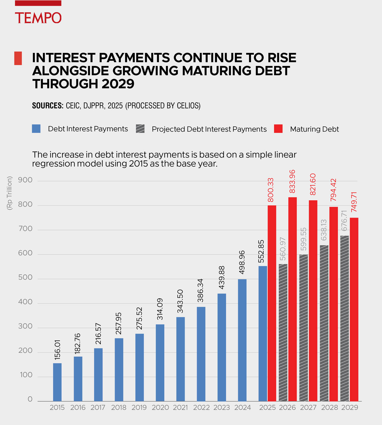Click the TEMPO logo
[x=38, y=17]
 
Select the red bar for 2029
[x=354, y=309]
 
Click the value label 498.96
[x=242, y=262]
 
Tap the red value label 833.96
[x=292, y=182]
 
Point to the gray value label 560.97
[x=282, y=249]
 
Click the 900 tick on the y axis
[x=25, y=180]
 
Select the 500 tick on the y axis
[x=25, y=277]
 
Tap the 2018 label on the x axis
[x=118, y=408]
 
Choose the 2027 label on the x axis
[x=308, y=408]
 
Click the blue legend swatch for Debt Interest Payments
[x=36, y=129]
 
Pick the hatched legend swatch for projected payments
[x=140, y=129]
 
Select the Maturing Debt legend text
[x=314, y=129]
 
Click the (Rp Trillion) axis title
[x=9, y=193]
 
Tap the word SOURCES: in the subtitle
[x=48, y=106]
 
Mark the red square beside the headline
[x=18, y=58]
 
